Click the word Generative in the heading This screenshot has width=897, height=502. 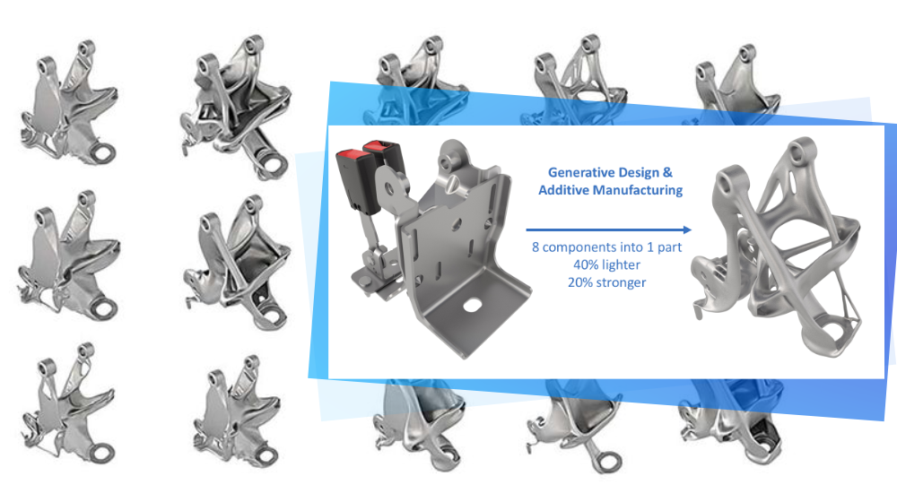click(x=574, y=173)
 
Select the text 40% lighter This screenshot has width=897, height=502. click(x=607, y=264)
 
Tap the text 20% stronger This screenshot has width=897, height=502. click(x=607, y=282)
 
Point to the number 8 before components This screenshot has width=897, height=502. click(x=536, y=247)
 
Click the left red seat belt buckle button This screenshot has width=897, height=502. click(x=351, y=154)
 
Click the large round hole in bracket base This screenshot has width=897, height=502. click(x=472, y=306)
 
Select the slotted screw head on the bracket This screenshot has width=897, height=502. click(x=452, y=184)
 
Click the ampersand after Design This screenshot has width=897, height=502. click(x=667, y=173)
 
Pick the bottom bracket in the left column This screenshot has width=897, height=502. click(x=69, y=403)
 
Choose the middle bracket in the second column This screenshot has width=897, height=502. click(x=237, y=263)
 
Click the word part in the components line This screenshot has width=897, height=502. click(x=669, y=248)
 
